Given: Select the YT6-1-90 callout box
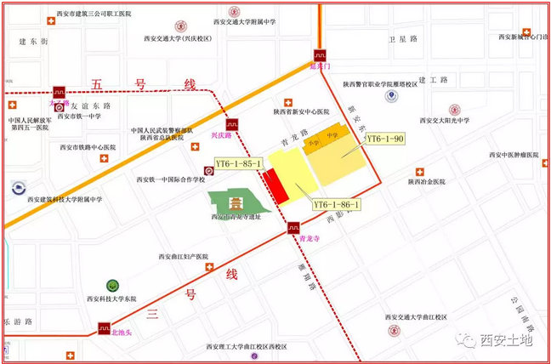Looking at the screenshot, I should [x=385, y=139].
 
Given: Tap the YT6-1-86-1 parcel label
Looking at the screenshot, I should [x=337, y=204].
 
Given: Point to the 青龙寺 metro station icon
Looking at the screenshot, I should [x=293, y=227].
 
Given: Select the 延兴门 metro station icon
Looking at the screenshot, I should [x=320, y=53].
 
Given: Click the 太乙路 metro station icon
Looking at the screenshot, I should [x=59, y=91].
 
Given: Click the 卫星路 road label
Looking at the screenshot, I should [x=404, y=40].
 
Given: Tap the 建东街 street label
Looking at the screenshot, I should [x=35, y=40].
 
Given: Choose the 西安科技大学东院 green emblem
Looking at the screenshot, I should [x=111, y=285].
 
